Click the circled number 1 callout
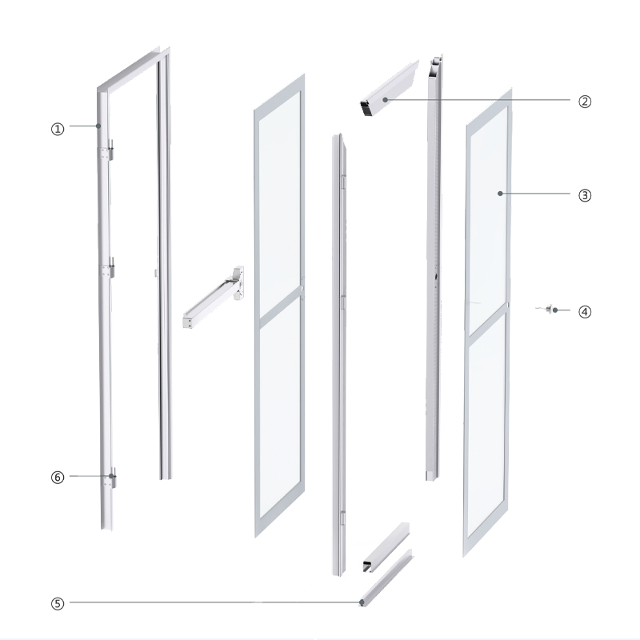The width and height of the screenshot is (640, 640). click(57, 126)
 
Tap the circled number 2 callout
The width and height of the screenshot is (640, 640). click(585, 101)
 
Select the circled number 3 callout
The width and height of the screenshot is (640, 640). click(585, 194)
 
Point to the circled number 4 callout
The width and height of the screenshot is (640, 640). click(585, 310)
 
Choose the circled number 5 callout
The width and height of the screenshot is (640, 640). click(57, 602)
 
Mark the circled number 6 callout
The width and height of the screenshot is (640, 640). click(57, 476)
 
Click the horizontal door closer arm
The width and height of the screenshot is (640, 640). click(212, 300)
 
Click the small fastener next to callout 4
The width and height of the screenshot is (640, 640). click(550, 310)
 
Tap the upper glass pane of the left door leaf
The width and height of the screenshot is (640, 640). click(280, 204)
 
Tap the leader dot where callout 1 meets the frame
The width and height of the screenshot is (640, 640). click(98, 126)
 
